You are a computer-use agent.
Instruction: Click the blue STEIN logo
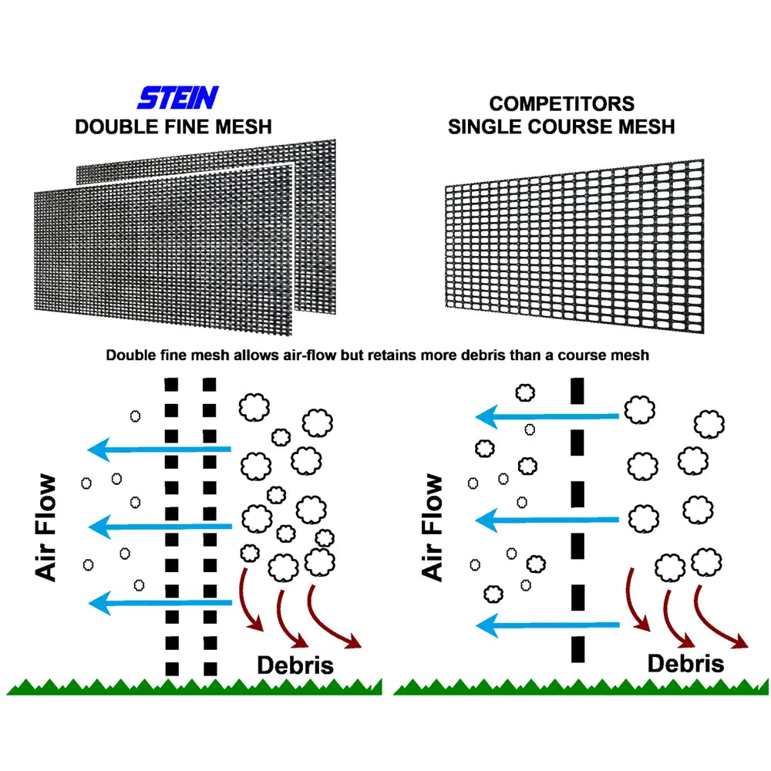(178, 98)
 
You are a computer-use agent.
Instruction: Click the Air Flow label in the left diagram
(46, 528)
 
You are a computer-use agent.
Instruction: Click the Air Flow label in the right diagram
(433, 528)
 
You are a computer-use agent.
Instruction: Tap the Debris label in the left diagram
(295, 665)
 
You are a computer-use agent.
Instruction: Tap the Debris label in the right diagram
(685, 663)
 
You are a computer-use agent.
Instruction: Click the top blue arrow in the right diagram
(547, 417)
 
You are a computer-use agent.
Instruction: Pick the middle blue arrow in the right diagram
(547, 520)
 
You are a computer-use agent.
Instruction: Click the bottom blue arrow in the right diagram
(547, 625)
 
